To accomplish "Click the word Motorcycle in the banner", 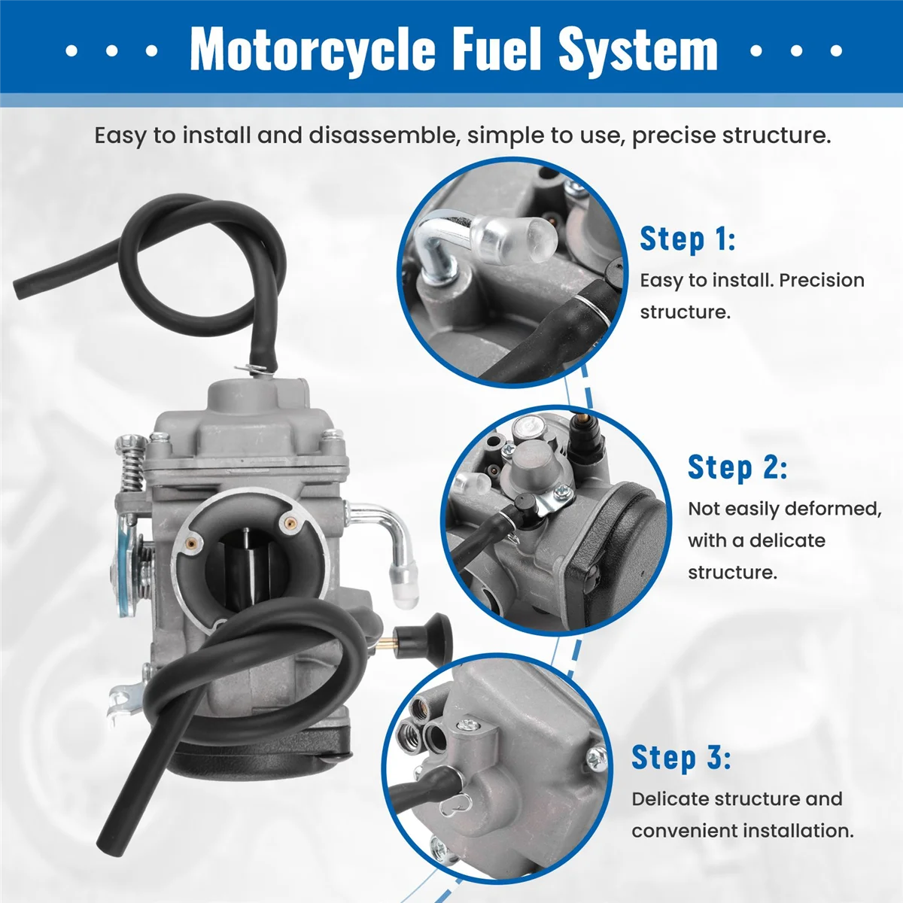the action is point(312,49).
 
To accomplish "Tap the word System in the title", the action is point(638,49).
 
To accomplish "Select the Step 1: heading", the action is point(688,239).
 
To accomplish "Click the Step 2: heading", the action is point(737,468).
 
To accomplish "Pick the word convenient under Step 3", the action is point(684,831).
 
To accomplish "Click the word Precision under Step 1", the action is point(822,280).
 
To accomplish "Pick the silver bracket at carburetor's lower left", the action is point(123,701).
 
